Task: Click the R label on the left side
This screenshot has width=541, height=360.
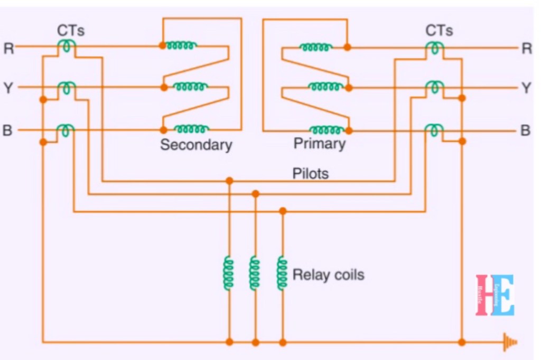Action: point(8,48)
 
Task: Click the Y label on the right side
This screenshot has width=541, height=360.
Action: point(526,88)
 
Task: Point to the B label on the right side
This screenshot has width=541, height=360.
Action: point(526,130)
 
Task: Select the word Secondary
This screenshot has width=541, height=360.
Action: point(196,145)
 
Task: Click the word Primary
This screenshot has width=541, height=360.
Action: point(319,144)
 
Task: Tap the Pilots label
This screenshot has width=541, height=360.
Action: point(311,173)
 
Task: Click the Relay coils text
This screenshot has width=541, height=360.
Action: point(328,275)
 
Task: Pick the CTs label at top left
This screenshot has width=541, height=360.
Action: point(71,31)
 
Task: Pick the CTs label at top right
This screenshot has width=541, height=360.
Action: point(439,31)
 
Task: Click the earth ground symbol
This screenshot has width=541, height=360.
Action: point(509,342)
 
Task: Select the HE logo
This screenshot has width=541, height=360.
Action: point(495,295)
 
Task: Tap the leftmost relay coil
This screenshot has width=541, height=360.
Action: point(228,273)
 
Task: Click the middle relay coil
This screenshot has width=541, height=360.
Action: point(255,273)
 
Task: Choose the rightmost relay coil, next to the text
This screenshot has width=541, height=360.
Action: point(282,273)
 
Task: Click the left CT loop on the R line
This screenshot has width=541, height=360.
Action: point(66,46)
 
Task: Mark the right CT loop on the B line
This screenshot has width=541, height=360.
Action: point(434,129)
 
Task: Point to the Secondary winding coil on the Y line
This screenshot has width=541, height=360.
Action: point(191,87)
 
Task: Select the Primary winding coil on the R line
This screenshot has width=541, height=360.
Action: point(316,47)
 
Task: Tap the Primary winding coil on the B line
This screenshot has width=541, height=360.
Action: point(326,129)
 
